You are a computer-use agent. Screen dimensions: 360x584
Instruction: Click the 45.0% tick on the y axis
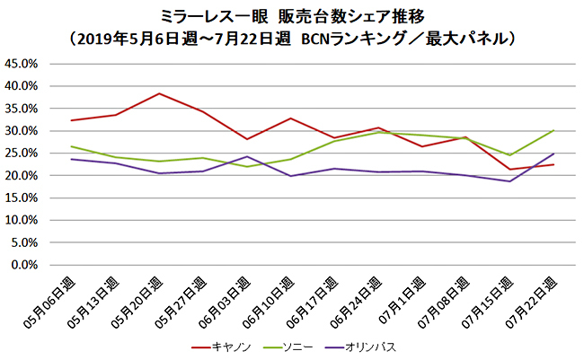(x=22, y=64)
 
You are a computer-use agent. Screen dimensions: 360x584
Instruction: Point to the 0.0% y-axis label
(x=24, y=265)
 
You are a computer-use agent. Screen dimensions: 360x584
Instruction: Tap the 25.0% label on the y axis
(x=22, y=154)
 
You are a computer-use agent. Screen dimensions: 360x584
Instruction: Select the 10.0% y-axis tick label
(x=22, y=220)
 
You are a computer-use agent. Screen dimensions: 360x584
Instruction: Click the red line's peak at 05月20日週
(x=159, y=93)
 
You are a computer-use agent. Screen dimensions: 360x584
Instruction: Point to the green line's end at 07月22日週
(x=553, y=130)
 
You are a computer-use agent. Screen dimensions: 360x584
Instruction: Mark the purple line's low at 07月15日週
(x=509, y=181)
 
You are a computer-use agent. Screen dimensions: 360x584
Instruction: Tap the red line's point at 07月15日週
(x=509, y=170)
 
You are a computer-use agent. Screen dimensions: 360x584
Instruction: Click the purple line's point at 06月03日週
(x=247, y=156)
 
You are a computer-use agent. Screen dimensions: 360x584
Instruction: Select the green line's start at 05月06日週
(x=71, y=146)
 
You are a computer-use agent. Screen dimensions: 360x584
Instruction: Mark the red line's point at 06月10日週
(x=291, y=119)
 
